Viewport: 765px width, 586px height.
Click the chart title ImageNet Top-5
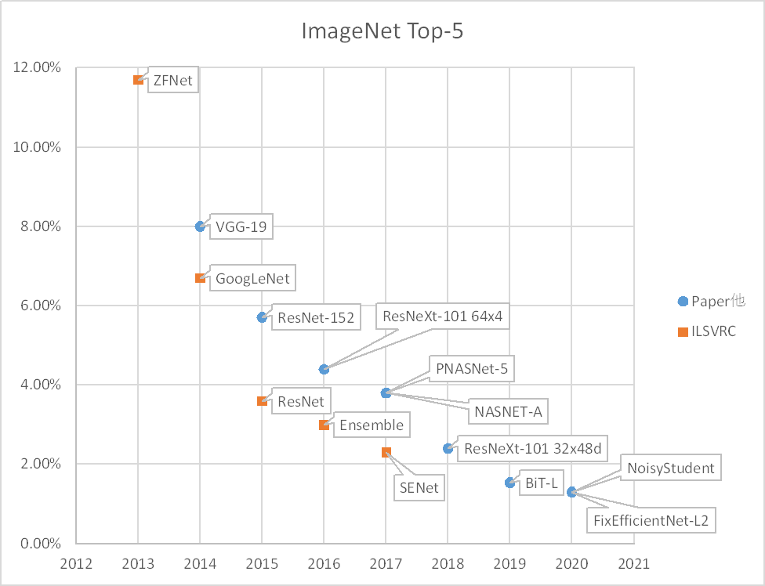tap(382, 31)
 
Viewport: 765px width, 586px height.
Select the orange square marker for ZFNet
tap(138, 80)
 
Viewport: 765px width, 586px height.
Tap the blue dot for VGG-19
tap(200, 226)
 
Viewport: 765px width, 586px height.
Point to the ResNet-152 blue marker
tap(262, 317)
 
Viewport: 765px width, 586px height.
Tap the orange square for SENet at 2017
tap(386, 452)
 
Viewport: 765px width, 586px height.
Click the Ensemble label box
tap(372, 425)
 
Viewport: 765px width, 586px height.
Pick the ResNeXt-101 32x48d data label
tap(533, 449)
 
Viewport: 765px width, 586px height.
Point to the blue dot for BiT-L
tap(509, 483)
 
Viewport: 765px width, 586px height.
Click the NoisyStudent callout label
tap(671, 468)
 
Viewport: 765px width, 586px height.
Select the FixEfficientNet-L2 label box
tap(651, 519)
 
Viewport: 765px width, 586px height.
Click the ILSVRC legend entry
tap(708, 332)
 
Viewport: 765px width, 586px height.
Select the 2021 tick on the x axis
tap(633, 562)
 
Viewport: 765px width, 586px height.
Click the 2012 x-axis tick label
tap(75, 562)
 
